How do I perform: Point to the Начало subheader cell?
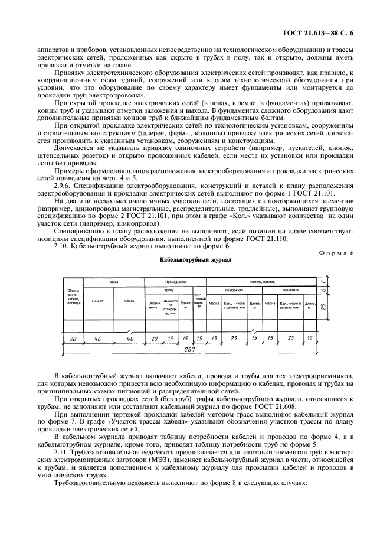(x=98, y=301)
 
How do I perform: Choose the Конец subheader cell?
(x=129, y=301)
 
